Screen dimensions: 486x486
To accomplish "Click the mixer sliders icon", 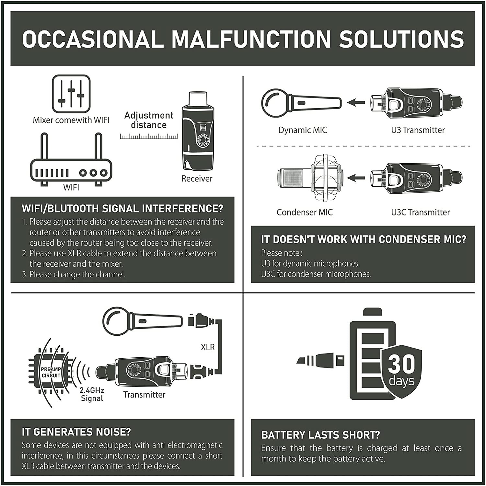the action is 71,94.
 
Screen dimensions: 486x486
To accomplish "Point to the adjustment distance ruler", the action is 149,136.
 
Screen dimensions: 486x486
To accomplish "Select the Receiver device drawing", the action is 197,131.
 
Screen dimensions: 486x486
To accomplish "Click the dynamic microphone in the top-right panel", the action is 301,103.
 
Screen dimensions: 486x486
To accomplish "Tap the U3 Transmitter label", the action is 418,130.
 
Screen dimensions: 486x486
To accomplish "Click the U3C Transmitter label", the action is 420,212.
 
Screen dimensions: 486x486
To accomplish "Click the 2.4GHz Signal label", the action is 92,394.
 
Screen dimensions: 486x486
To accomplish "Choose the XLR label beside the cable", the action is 208,347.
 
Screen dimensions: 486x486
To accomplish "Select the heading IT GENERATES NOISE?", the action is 76,432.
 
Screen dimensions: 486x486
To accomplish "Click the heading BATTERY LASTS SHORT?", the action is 321,435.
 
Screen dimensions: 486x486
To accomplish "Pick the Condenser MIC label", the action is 305,212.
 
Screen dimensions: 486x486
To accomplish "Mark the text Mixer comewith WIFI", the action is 71,120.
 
